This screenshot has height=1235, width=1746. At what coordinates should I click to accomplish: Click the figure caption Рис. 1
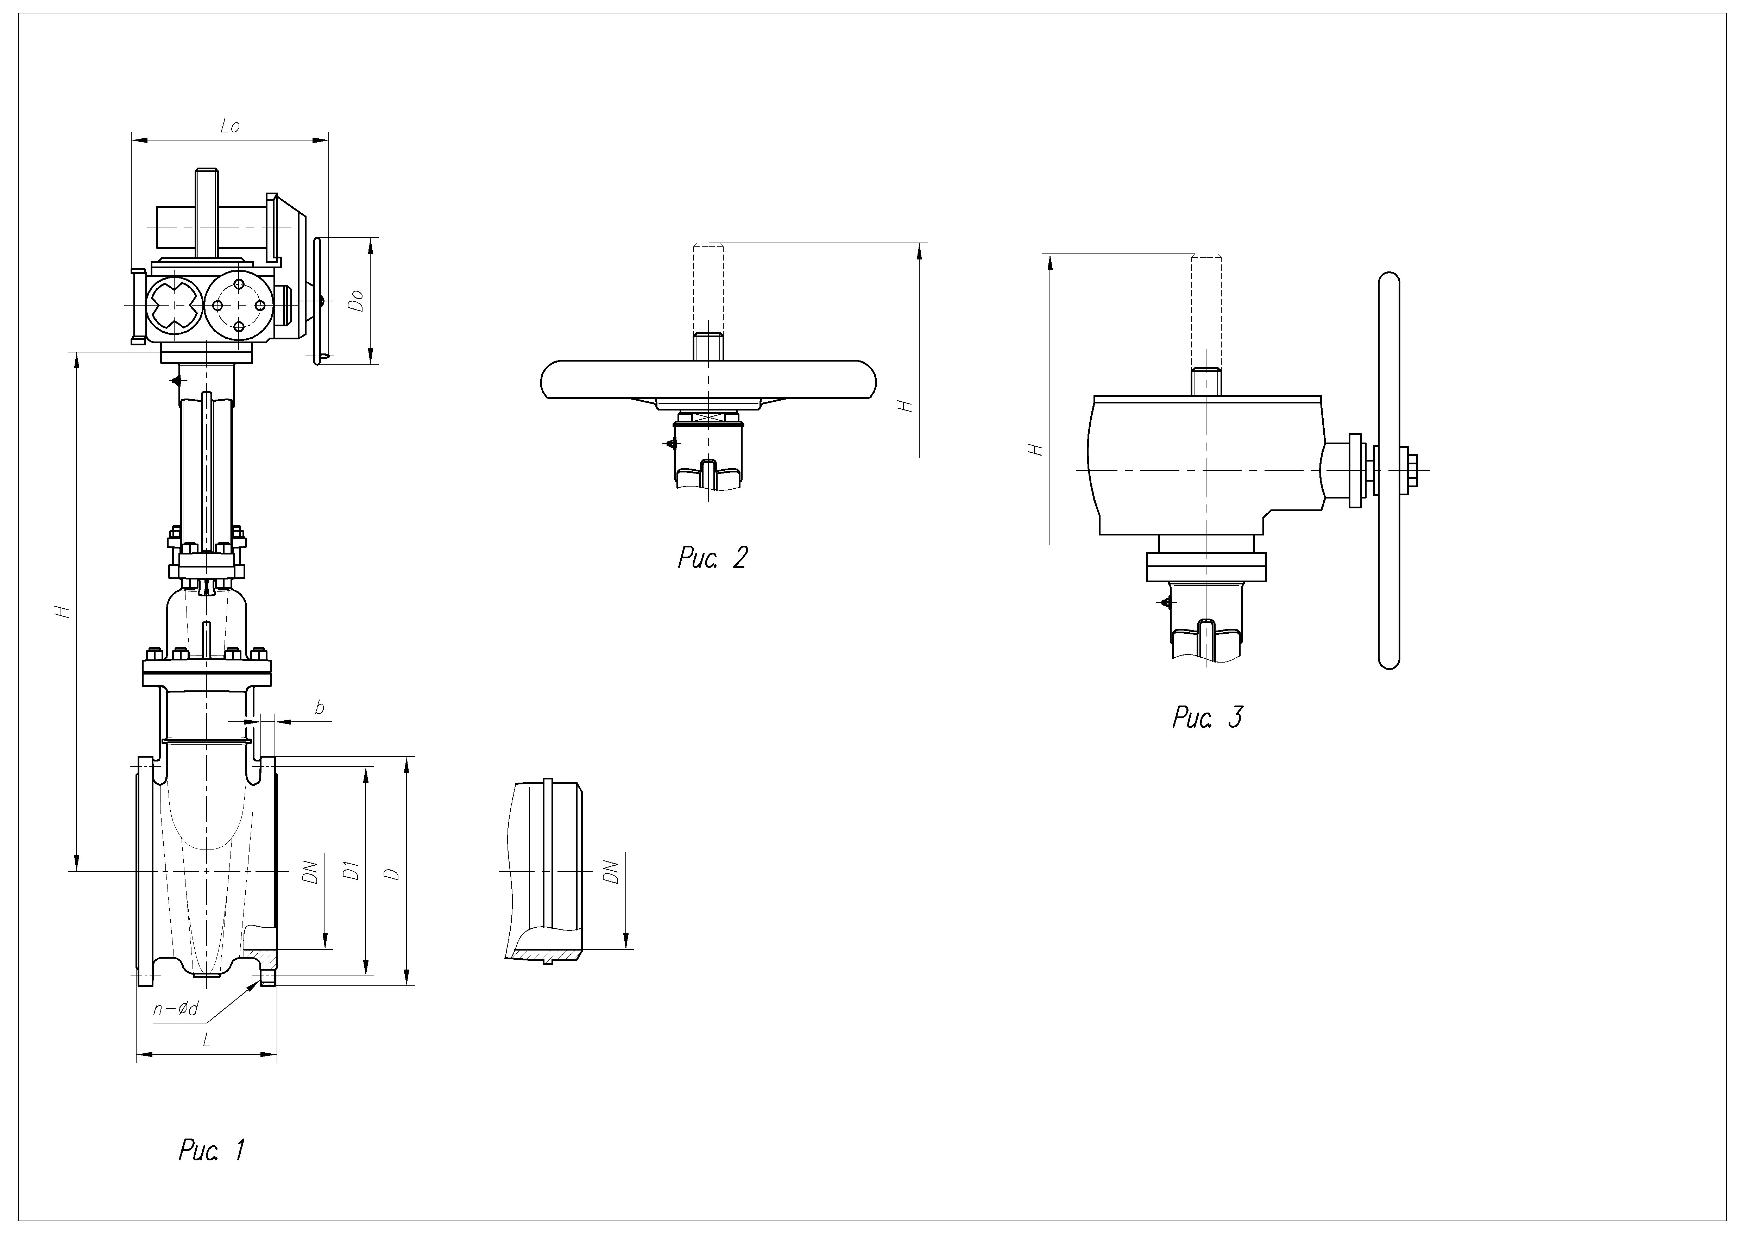coord(212,1151)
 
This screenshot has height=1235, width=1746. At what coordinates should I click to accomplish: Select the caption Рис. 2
coord(713,557)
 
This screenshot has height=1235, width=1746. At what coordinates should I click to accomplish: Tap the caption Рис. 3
coord(1208,717)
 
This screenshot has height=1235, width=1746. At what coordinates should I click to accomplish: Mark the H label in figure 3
coord(1036,450)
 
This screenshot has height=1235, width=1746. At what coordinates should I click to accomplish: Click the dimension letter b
coord(320,708)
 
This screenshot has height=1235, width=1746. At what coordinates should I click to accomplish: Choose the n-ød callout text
coord(176,1009)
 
